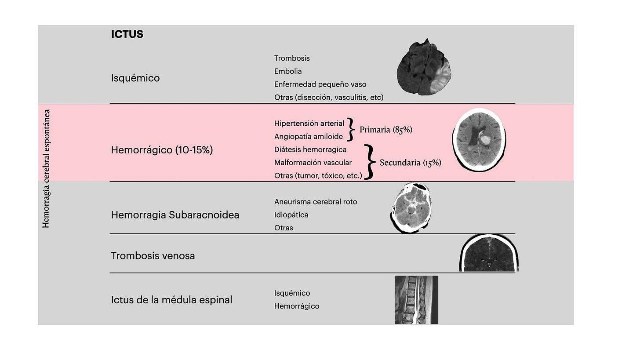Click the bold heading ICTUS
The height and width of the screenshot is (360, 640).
127,34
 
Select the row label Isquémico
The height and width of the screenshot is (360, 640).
135,78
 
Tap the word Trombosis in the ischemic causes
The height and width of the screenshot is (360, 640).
292,58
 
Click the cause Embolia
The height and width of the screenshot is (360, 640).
288,71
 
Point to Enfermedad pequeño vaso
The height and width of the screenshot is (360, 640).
320,84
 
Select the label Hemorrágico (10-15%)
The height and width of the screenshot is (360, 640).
162,150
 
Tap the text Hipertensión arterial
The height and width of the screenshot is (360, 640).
309,124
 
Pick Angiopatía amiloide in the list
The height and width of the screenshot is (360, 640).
308,136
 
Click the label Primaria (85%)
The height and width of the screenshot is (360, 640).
386,130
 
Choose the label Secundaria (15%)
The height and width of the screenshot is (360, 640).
410,163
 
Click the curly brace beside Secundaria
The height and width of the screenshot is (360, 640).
371,162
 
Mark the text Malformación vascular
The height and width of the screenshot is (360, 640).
313,163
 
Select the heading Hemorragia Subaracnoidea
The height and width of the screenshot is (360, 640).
175,215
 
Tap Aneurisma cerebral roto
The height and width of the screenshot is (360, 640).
316,202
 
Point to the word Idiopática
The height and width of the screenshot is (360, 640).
291,215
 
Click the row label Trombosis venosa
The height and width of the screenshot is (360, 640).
153,255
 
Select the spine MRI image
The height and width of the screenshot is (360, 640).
416,300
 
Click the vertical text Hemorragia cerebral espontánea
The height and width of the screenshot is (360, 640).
46,168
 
